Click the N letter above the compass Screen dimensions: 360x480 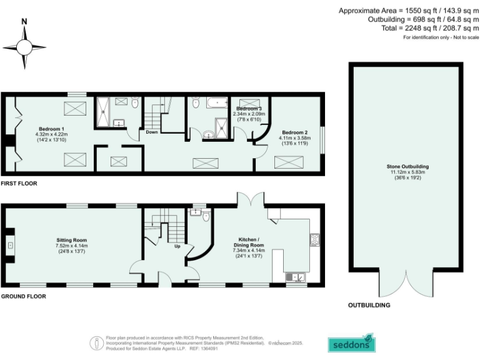pos(24,21)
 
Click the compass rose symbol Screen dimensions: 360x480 pos(24,47)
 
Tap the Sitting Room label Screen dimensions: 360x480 pos(71,240)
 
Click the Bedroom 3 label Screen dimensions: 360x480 pos(247,109)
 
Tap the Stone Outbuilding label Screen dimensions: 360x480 pos(407,167)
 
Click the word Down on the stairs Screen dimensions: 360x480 pos(151,132)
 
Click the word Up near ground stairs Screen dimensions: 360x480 pos(177,246)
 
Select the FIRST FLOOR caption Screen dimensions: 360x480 pos(19,184)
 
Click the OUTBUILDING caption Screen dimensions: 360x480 pos(369,305)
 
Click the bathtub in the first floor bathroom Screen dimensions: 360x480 pos(217,102)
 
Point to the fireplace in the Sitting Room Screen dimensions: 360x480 pos(10,246)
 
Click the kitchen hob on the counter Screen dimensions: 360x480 pos(315,239)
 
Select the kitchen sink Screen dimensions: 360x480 pos(296,276)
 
